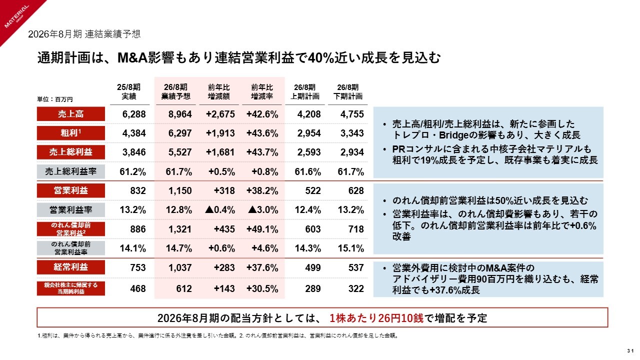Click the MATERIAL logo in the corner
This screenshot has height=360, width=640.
[x=16, y=18]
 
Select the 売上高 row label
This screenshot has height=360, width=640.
[x=70, y=114]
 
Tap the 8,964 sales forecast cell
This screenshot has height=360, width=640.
[x=180, y=114]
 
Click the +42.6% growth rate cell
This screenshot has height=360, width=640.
[x=262, y=114]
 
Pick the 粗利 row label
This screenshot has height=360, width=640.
[x=70, y=133]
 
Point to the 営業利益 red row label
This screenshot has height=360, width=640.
[x=70, y=190]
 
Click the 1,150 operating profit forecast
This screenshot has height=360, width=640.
[x=180, y=190]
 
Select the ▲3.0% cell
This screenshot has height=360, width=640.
[x=263, y=209]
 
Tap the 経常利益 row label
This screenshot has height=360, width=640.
[x=70, y=267]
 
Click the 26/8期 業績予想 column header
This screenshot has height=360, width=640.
[x=175, y=91]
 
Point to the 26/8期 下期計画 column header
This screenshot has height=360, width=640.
[x=348, y=91]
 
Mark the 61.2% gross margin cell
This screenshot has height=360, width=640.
[x=133, y=171]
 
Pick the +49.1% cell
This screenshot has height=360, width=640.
[x=262, y=228]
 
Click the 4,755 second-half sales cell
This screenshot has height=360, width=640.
[x=351, y=114]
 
